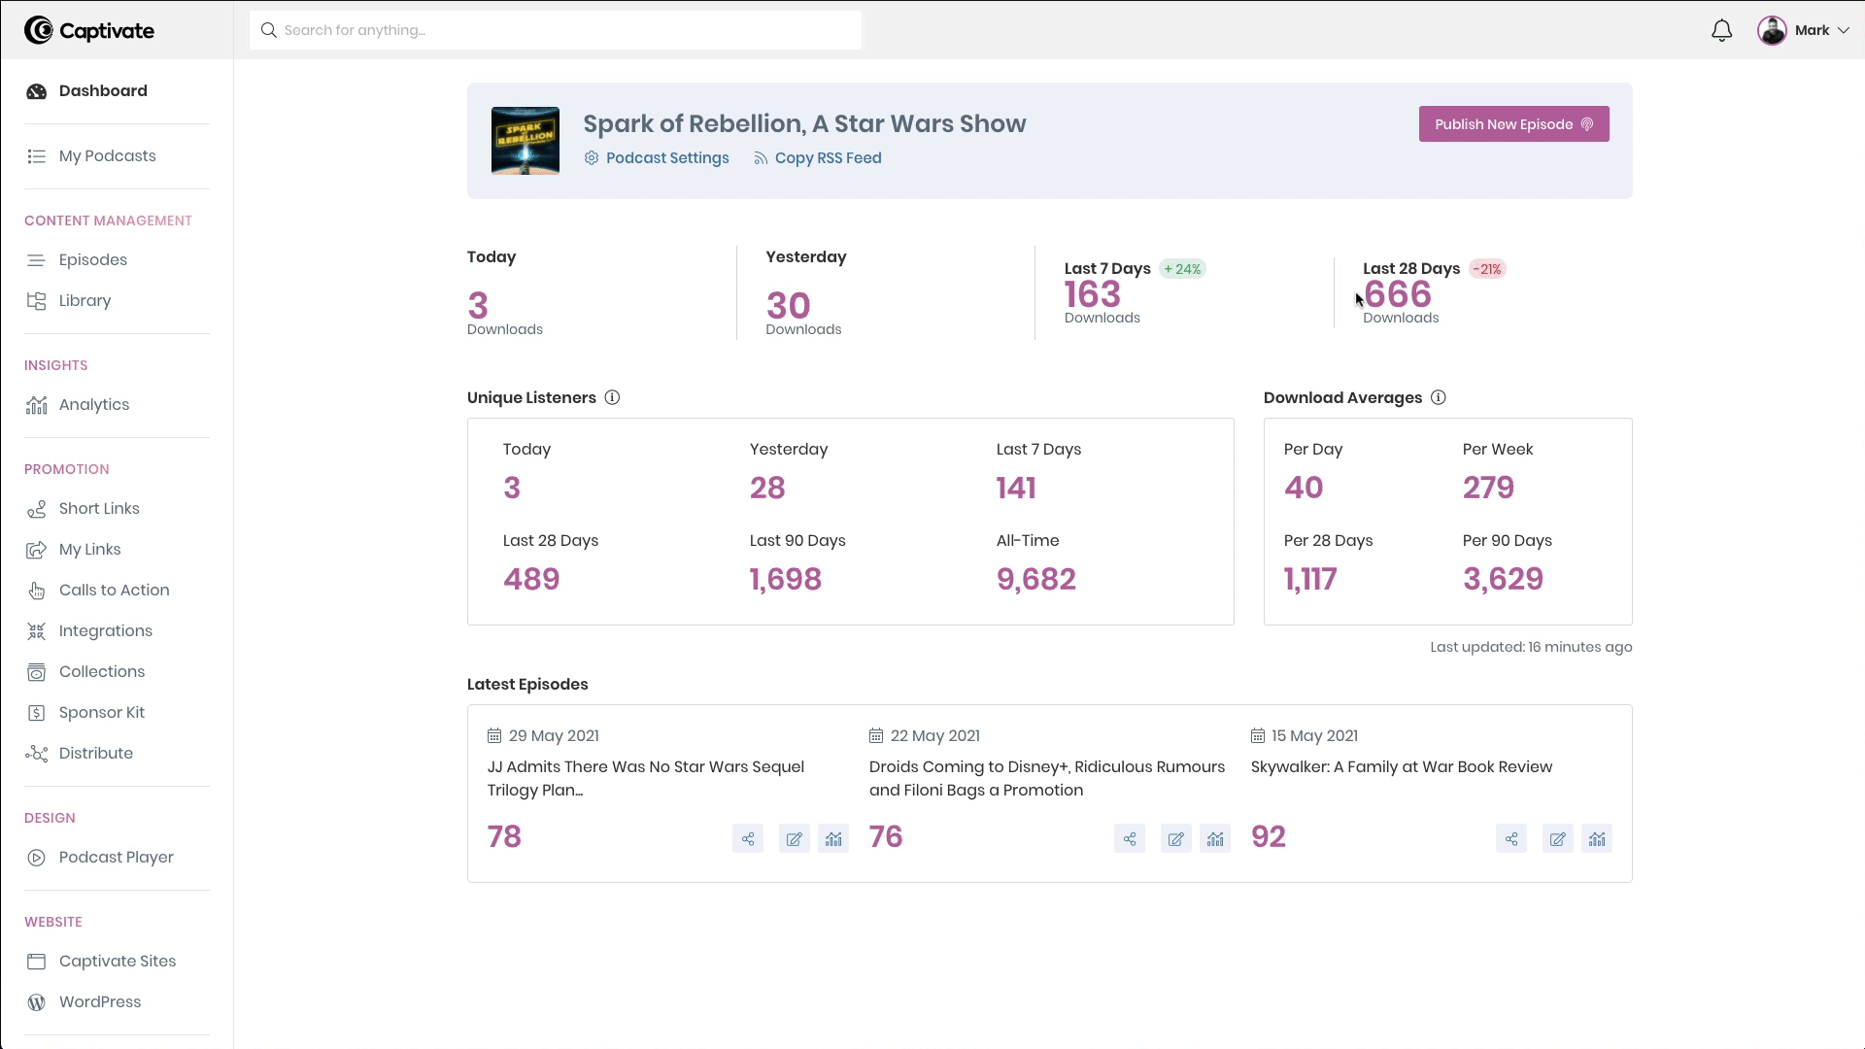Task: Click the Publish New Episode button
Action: pyautogui.click(x=1513, y=124)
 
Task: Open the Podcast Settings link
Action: pyautogui.click(x=666, y=158)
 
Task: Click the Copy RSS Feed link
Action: pyautogui.click(x=828, y=158)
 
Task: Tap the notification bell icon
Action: pyautogui.click(x=1721, y=31)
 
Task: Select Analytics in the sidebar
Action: pyautogui.click(x=93, y=405)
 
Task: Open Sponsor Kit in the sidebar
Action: pyautogui.click(x=101, y=713)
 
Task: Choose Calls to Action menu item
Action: pyautogui.click(x=114, y=591)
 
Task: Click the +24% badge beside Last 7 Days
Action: pyautogui.click(x=1183, y=269)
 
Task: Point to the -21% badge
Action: pyautogui.click(x=1487, y=269)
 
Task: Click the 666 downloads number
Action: pyautogui.click(x=1398, y=294)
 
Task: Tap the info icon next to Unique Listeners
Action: pyautogui.click(x=612, y=397)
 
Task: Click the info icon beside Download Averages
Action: pyautogui.click(x=1439, y=397)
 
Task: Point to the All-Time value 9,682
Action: pyautogui.click(x=1035, y=579)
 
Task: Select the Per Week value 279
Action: pyautogui.click(x=1488, y=488)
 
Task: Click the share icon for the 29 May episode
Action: pyautogui.click(x=748, y=839)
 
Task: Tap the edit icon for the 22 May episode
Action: pyautogui.click(x=1175, y=839)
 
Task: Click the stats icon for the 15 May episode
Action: pyautogui.click(x=1597, y=839)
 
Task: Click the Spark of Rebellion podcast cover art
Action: pyautogui.click(x=526, y=141)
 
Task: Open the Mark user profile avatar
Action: pyautogui.click(x=1772, y=31)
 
